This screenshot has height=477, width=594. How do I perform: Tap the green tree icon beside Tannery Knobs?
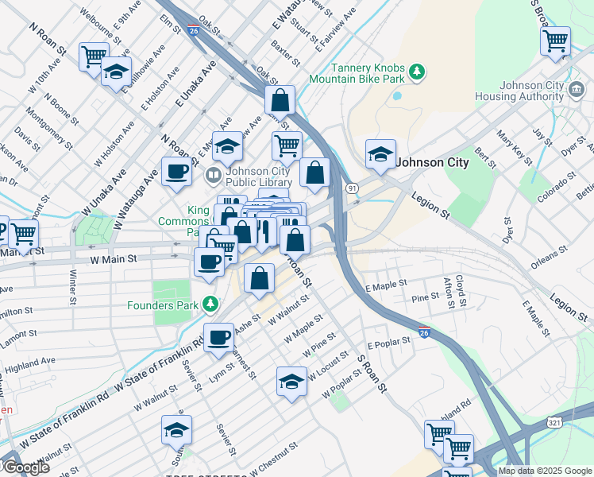(417, 73)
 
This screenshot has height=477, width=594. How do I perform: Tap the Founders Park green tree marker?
(210, 303)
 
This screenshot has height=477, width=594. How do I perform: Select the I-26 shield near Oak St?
(195, 31)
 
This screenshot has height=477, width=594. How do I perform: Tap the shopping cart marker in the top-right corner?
(555, 40)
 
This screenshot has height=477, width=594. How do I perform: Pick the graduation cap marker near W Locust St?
(291, 381)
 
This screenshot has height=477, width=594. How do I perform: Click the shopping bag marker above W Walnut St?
(259, 278)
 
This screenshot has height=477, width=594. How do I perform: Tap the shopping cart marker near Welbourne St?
(94, 56)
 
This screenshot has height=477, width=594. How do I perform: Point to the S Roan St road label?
(373, 374)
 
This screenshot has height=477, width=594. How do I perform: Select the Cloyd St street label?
(461, 292)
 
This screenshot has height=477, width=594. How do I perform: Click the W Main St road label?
(114, 258)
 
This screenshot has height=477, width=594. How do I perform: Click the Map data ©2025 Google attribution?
(545, 471)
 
